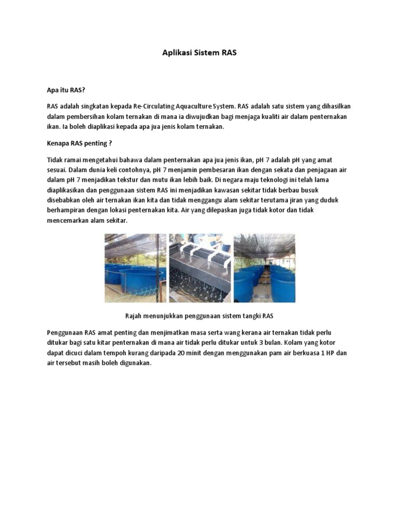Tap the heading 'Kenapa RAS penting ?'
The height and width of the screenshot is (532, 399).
pos(79,143)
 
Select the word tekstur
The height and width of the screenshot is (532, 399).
pos(122,180)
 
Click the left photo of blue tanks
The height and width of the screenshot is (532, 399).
pos(136,268)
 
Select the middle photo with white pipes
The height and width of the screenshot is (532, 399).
pos(199,268)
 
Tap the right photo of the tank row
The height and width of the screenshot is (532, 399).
pos(264,268)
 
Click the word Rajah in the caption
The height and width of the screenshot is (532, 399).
pos(134,316)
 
